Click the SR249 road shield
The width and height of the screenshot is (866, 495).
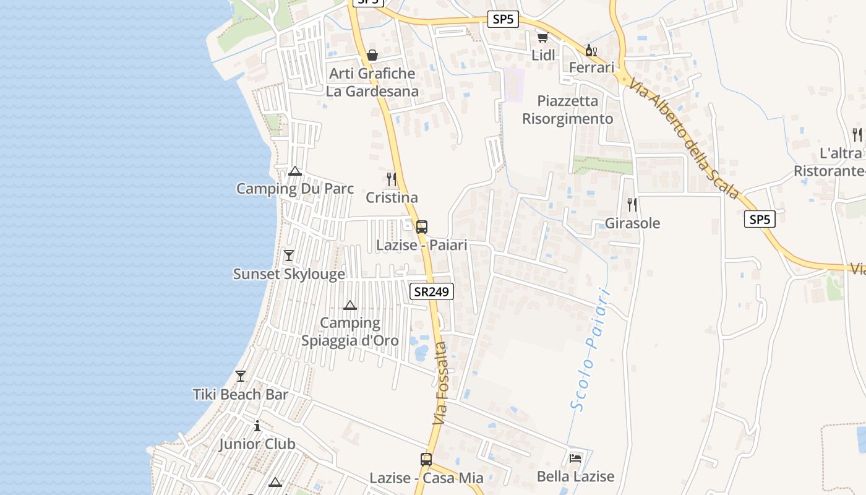pyautogui.click(x=432, y=291)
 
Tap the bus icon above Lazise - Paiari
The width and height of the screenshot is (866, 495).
pyautogui.click(x=422, y=227)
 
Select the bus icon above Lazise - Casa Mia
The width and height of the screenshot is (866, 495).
pyautogui.click(x=426, y=460)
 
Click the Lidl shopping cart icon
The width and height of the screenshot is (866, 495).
pyautogui.click(x=542, y=37)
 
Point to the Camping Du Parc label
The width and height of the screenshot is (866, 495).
pyautogui.click(x=295, y=189)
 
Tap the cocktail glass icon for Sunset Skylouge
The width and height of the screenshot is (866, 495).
pyautogui.click(x=288, y=256)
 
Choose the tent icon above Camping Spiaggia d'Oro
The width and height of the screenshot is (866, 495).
pyautogui.click(x=350, y=305)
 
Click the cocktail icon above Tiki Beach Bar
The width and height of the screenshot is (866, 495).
pyautogui.click(x=241, y=376)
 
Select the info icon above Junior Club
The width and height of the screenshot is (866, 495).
pyautogui.click(x=257, y=426)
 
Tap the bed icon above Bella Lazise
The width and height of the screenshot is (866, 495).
pyautogui.click(x=575, y=458)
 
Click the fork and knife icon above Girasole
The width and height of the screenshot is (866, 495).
pyautogui.click(x=632, y=204)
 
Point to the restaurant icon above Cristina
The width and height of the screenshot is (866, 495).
pyautogui.click(x=392, y=179)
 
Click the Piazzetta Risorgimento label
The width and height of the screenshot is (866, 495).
pyautogui.click(x=568, y=110)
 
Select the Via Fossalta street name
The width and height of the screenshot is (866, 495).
pyautogui.click(x=440, y=384)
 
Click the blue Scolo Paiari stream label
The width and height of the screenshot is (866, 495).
pyautogui.click(x=590, y=350)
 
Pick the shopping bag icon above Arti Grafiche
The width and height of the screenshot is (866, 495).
pyautogui.click(x=372, y=55)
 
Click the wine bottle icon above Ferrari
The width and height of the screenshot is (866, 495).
pyautogui.click(x=591, y=50)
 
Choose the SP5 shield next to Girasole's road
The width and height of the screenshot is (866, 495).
pyautogui.click(x=760, y=219)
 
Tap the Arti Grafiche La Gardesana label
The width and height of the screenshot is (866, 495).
pyautogui.click(x=372, y=82)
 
